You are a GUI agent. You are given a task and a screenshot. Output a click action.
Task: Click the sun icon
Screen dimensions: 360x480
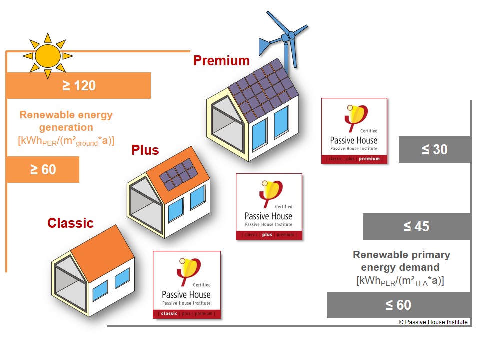tap(48, 56)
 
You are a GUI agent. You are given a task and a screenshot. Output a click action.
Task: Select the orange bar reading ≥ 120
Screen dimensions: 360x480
tap(78, 85)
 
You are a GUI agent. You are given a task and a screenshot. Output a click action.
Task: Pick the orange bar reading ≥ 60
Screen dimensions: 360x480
tap(43, 169)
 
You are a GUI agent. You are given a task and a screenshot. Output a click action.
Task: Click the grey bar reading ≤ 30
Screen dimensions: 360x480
tap(435, 149)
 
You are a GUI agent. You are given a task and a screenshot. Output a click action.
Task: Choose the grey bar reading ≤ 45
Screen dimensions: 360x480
tap(417, 226)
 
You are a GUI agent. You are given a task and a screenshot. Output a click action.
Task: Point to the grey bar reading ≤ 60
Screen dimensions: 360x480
tap(399, 305)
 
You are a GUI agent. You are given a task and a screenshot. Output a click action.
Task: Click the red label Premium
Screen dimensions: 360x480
tap(221, 61)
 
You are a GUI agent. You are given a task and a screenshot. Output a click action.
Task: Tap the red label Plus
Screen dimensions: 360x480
tap(145, 150)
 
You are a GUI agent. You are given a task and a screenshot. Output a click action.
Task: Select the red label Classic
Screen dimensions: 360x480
tap(70, 223)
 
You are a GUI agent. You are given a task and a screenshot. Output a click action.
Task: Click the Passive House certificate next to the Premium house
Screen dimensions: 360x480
tap(354, 131)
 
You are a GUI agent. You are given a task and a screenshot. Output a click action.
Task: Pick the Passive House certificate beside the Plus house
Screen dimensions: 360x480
tap(269, 206)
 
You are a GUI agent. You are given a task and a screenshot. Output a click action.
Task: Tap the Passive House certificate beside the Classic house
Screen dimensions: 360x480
tap(186, 285)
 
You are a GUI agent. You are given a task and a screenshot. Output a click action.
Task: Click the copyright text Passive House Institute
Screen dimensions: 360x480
tap(433, 322)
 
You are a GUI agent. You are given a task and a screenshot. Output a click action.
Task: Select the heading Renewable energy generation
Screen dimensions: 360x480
tap(66, 121)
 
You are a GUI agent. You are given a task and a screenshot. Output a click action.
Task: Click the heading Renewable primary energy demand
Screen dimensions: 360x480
tap(401, 261)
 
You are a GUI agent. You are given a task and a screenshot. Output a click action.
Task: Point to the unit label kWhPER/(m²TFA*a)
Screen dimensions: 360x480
tap(400, 281)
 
